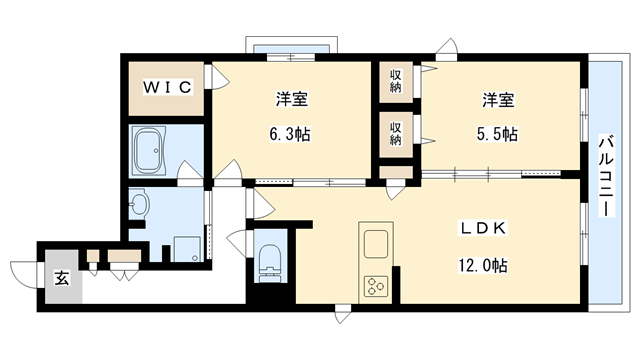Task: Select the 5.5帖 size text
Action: click(496, 133)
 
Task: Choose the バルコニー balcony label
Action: click(606, 177)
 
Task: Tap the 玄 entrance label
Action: click(60, 278)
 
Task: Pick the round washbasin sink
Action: click(138, 207)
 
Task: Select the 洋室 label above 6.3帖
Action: click(292, 100)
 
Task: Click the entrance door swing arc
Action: click(22, 272)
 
